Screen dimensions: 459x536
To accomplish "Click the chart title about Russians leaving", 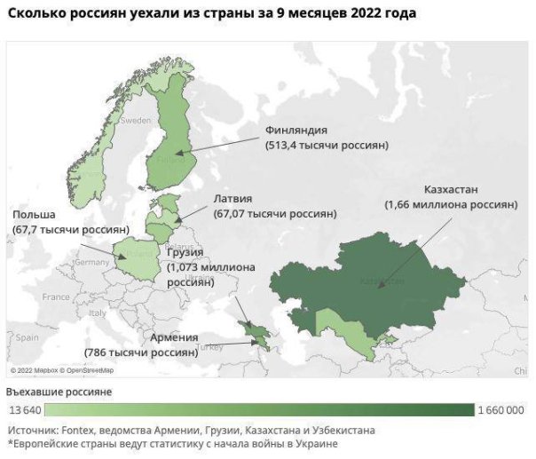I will click(211, 15).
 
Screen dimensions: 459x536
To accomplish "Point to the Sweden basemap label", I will click(136, 119).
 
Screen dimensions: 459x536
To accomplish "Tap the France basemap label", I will click(55, 297).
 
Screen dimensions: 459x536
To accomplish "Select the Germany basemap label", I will click(91, 262).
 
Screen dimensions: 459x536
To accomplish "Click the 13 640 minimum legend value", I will click(25, 410).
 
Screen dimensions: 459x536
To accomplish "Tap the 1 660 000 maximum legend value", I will click(501, 410).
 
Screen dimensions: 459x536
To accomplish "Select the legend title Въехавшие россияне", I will click(59, 392).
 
